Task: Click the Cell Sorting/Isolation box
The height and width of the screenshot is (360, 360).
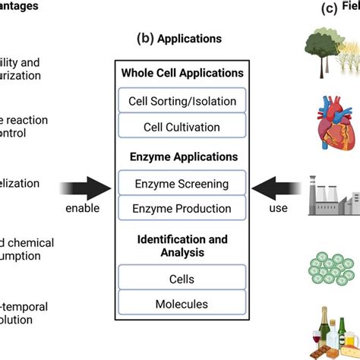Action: pyautogui.click(x=182, y=99)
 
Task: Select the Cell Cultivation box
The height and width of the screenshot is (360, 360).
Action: pyautogui.click(x=182, y=127)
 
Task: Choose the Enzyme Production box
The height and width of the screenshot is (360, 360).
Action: pyautogui.click(x=182, y=209)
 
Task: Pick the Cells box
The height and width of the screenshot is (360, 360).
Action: pyautogui.click(x=182, y=278)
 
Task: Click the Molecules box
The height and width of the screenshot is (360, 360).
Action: pyautogui.click(x=182, y=304)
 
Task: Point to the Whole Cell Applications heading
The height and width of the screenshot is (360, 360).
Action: pyautogui.click(x=182, y=73)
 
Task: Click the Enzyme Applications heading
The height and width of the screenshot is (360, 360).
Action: pyautogui.click(x=182, y=156)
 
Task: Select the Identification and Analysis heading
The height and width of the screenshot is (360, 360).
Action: pyautogui.click(x=182, y=245)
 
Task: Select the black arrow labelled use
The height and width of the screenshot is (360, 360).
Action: pyautogui.click(x=277, y=184)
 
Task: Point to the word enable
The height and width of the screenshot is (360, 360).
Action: pyautogui.click(x=83, y=207)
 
